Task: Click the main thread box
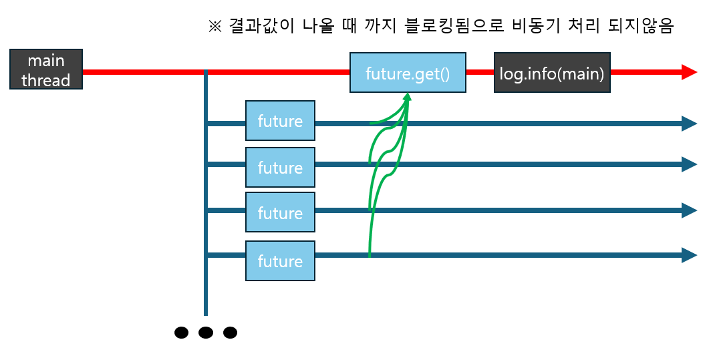46,70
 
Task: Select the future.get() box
408,73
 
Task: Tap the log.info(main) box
552,73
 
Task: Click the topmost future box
280,121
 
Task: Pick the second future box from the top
280,167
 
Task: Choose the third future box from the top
280,212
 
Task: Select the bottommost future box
280,260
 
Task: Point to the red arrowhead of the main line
690,72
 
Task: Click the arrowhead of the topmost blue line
690,123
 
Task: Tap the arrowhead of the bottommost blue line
690,254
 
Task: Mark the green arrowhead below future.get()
407,98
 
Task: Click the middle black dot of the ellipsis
206,332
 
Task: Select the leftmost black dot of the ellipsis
181,332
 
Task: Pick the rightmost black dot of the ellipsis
230,332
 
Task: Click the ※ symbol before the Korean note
215,27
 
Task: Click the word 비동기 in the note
531,27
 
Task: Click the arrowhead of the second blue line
690,164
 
